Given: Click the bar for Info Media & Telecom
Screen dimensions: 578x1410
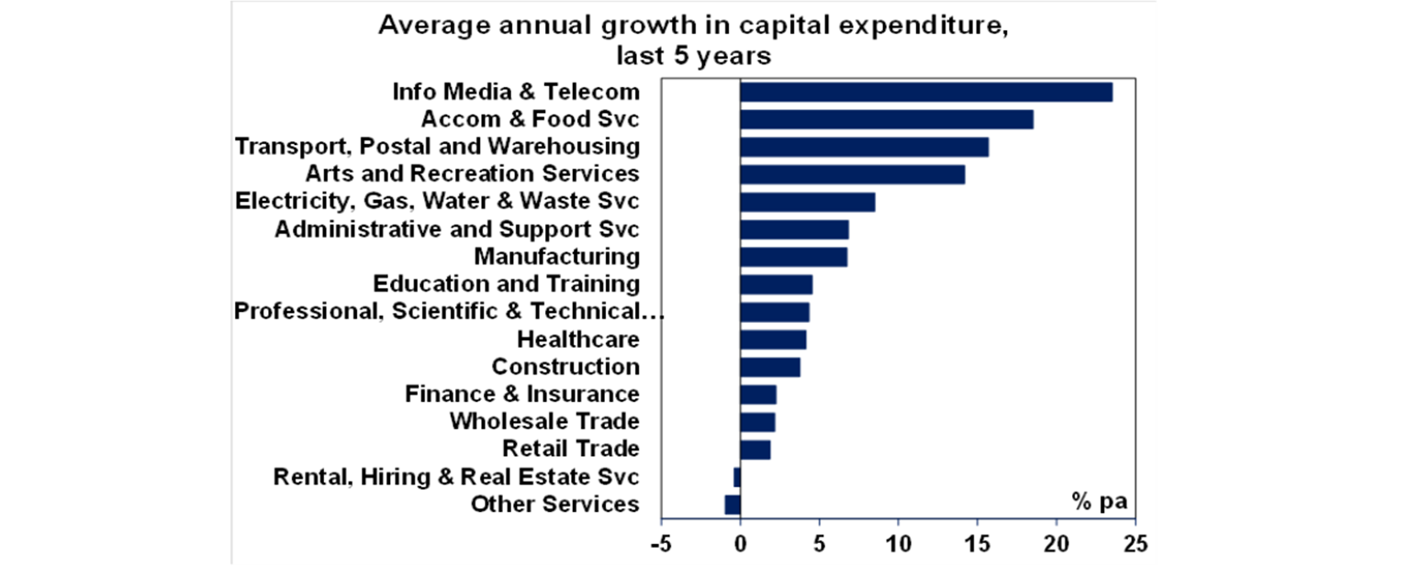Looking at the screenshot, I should tap(925, 92).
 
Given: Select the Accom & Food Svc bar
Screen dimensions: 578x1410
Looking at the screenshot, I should tap(886, 119).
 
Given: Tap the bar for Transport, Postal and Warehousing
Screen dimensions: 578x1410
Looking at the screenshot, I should tap(864, 147).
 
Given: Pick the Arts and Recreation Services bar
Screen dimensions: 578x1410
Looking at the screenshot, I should tap(852, 174).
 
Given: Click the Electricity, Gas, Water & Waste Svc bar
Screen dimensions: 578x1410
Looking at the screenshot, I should tap(807, 202).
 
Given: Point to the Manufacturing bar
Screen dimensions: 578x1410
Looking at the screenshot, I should tap(793, 257).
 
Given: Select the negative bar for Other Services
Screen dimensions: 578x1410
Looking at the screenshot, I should tap(733, 505).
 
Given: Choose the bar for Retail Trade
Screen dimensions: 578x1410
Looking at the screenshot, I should tap(755, 450).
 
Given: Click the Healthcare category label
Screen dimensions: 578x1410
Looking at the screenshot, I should tap(577, 339).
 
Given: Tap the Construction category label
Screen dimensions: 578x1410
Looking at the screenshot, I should tap(565, 367).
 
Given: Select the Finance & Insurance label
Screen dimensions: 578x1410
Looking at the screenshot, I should tap(521, 395).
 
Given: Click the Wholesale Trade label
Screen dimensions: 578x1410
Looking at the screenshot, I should tap(543, 422).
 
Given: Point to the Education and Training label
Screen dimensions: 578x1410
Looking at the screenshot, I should tap(506, 283).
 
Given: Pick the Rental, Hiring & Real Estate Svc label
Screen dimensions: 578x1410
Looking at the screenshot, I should tap(456, 477).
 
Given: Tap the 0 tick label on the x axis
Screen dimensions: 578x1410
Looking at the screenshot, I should tap(740, 543).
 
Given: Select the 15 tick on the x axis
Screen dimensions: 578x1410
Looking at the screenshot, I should tap(978, 543).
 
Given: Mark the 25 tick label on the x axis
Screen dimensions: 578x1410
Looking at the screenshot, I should tap(1136, 543).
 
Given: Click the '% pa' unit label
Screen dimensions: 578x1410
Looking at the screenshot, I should tap(1098, 502).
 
